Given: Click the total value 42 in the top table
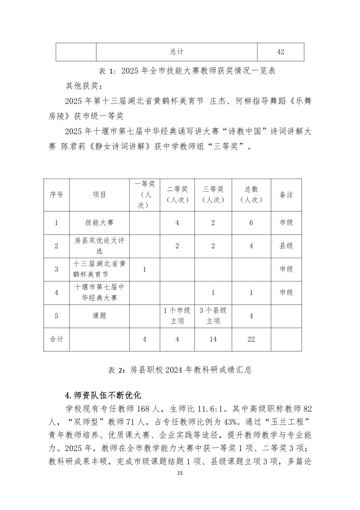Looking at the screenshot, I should pos(280,52).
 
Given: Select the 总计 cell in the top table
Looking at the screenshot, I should pos(176,52).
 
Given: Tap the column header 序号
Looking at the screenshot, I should pos(57,194).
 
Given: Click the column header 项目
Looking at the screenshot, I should pos(99,194).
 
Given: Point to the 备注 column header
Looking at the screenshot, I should pos(286,194).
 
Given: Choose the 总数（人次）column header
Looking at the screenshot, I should pos(251,194).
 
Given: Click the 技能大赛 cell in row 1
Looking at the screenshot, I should pos(99,223).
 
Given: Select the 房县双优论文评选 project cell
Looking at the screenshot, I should pos(99,246).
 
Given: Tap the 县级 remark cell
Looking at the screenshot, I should pos(286,246).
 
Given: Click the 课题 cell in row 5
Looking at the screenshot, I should pos(99,316).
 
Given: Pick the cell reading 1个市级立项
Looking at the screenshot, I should pos(177,316).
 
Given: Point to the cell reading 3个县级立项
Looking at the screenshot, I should pos(213,316).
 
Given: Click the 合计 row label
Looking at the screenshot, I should pos(57,339).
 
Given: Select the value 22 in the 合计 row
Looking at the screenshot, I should pos(251,339).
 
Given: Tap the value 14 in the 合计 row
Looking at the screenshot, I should pos(213,339).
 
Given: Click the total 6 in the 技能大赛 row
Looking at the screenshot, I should pos(251,223).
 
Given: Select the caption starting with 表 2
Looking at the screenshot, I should pos(180,370).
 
